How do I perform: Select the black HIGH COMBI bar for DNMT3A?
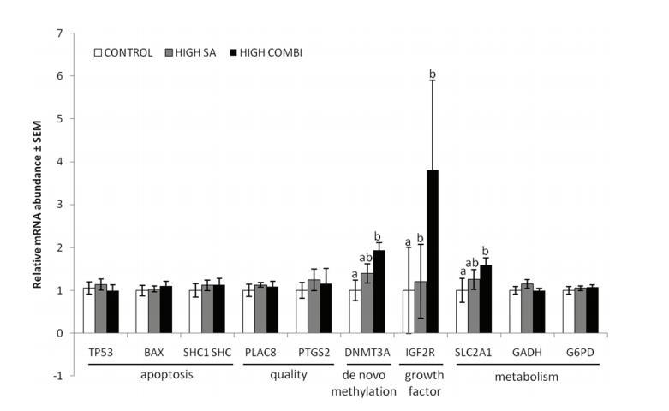[x=379, y=292]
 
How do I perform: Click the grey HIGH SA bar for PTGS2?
[x=314, y=306]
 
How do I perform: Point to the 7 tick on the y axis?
[x=59, y=33]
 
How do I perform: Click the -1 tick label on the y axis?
[x=57, y=376]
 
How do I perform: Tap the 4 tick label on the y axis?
[x=59, y=162]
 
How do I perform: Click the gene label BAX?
[x=153, y=352]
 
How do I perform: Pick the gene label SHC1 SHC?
[x=207, y=352]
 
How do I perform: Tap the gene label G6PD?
[x=580, y=352]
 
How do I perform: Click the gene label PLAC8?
[x=260, y=352]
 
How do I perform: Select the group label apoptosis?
[x=153, y=376]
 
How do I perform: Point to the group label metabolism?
[x=527, y=376]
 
